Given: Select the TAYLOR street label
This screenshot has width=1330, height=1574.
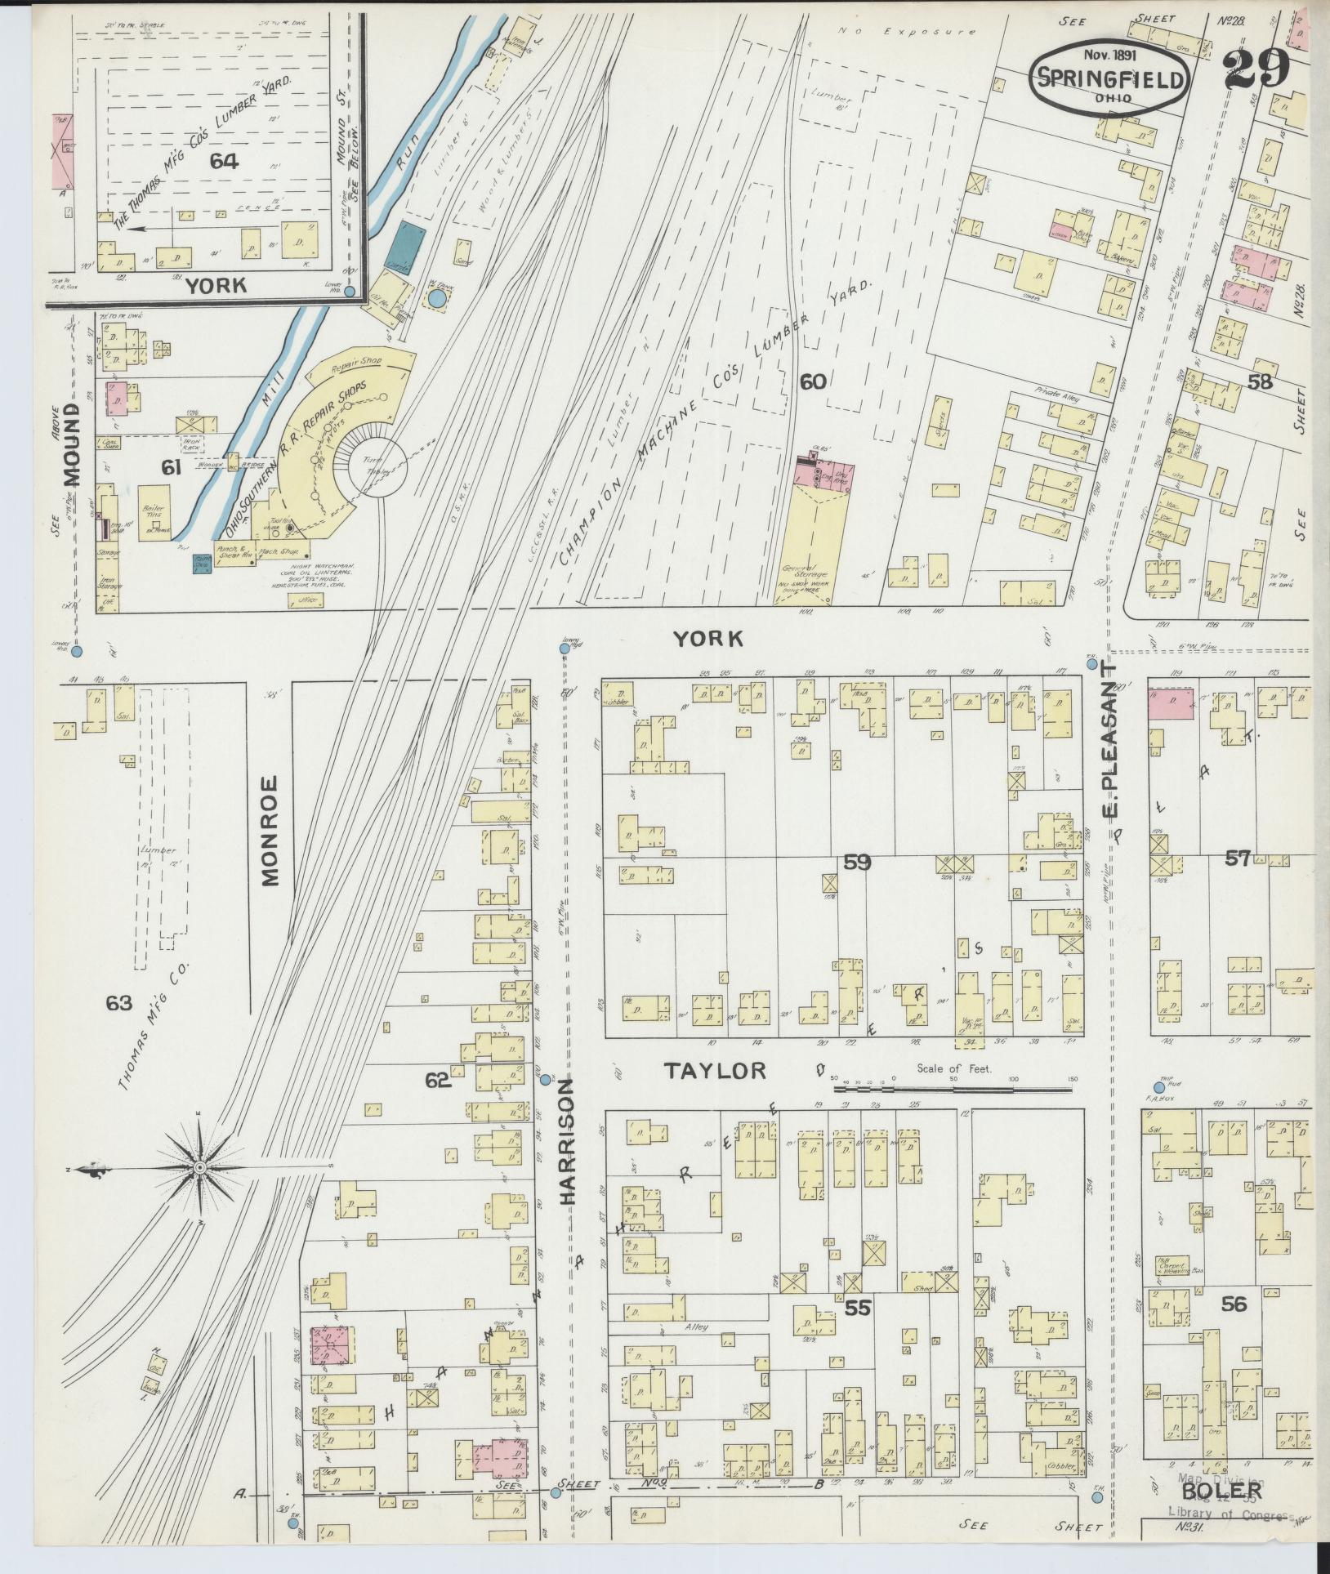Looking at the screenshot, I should pyautogui.click(x=715, y=1070).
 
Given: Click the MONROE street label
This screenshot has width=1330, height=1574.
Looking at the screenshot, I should pyautogui.click(x=270, y=831).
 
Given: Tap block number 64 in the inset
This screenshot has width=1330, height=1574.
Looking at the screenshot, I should pyautogui.click(x=223, y=161).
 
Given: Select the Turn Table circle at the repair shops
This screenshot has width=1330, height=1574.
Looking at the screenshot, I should pyautogui.click(x=377, y=467).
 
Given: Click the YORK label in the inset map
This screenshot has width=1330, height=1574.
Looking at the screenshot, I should pyautogui.click(x=216, y=285).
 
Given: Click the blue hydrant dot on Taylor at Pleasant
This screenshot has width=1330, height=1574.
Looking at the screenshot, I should pyautogui.click(x=1158, y=1086).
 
